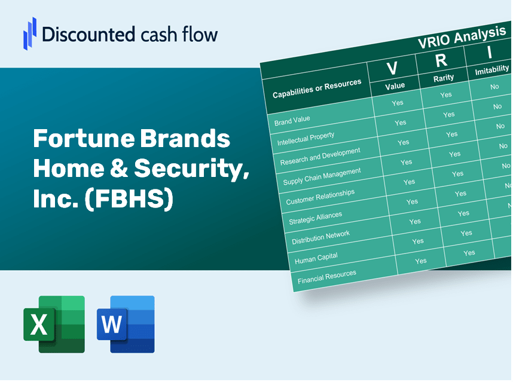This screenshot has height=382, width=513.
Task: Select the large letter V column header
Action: click(392, 69)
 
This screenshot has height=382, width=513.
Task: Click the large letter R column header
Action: click(441, 60)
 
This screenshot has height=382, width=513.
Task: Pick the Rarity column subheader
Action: click(444, 78)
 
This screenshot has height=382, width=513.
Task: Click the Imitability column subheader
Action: click(491, 71)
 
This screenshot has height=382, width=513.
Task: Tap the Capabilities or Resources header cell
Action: click(317, 89)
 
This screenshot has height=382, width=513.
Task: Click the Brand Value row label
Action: click(292, 120)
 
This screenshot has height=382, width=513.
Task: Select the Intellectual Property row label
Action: click(306, 139)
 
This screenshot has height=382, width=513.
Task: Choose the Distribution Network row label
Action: click(320, 237)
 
